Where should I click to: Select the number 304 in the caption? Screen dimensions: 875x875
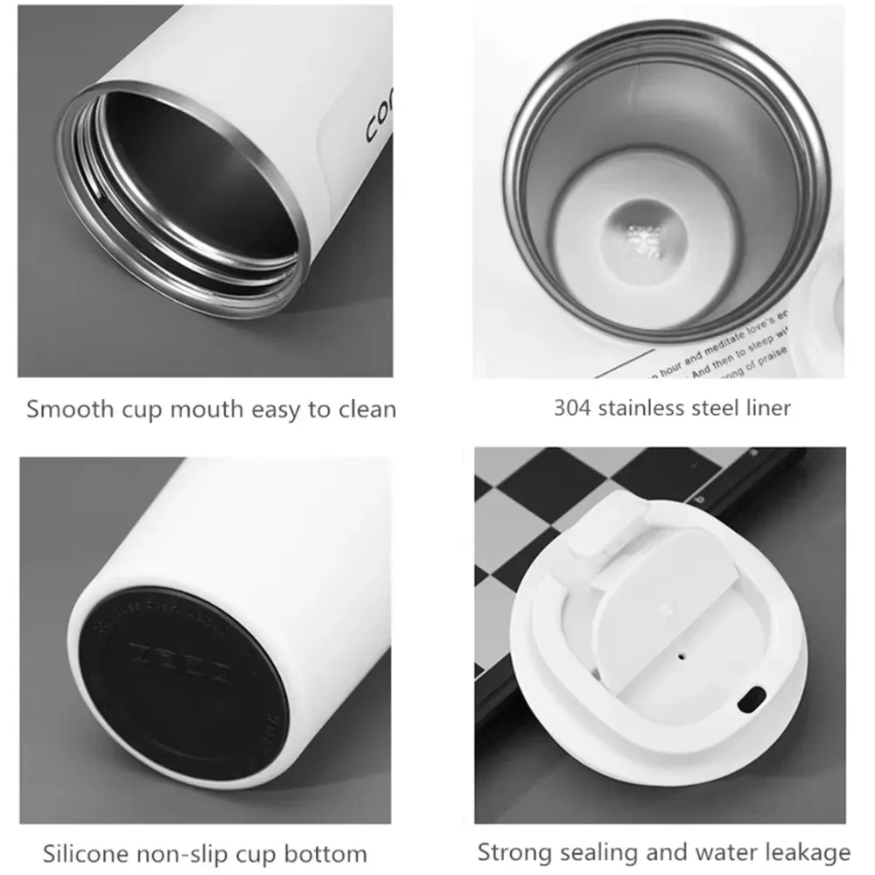(x=573, y=407)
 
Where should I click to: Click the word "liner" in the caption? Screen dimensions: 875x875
(x=766, y=407)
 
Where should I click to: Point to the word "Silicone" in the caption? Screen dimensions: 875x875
(x=83, y=853)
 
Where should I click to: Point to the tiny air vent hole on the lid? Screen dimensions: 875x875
(x=681, y=653)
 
